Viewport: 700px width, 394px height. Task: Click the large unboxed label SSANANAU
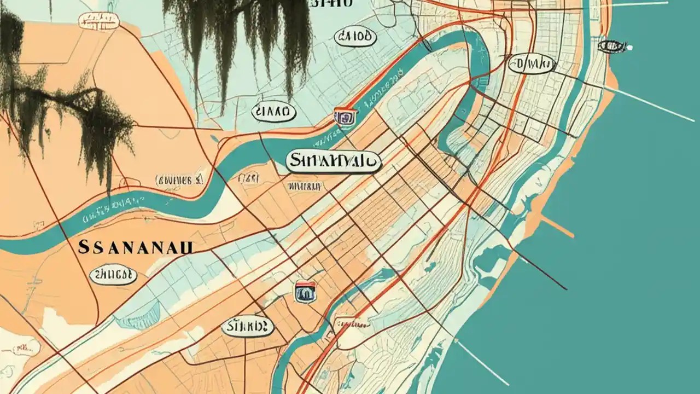[136, 247]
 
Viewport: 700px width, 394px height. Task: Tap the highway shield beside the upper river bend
[345, 117]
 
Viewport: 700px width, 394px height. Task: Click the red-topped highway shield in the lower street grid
[306, 292]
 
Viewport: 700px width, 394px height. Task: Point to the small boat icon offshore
[613, 46]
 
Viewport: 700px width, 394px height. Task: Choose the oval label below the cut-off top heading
[355, 37]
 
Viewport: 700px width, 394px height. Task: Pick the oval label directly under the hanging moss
[273, 112]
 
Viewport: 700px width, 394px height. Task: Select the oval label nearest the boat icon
[532, 64]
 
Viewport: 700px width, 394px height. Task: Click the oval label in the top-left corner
[98, 21]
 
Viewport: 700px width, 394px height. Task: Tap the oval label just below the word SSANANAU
[113, 274]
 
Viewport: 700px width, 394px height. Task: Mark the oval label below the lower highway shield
[247, 327]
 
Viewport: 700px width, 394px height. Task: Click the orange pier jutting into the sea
[558, 227]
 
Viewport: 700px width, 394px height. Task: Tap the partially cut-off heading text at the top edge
[331, 3]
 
